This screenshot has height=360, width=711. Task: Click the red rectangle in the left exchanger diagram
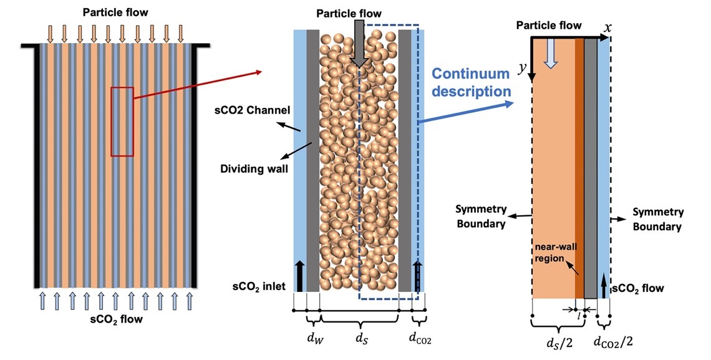click(122, 122)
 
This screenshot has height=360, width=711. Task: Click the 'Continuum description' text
click(473, 82)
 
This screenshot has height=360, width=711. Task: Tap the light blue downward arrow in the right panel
click(550, 55)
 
